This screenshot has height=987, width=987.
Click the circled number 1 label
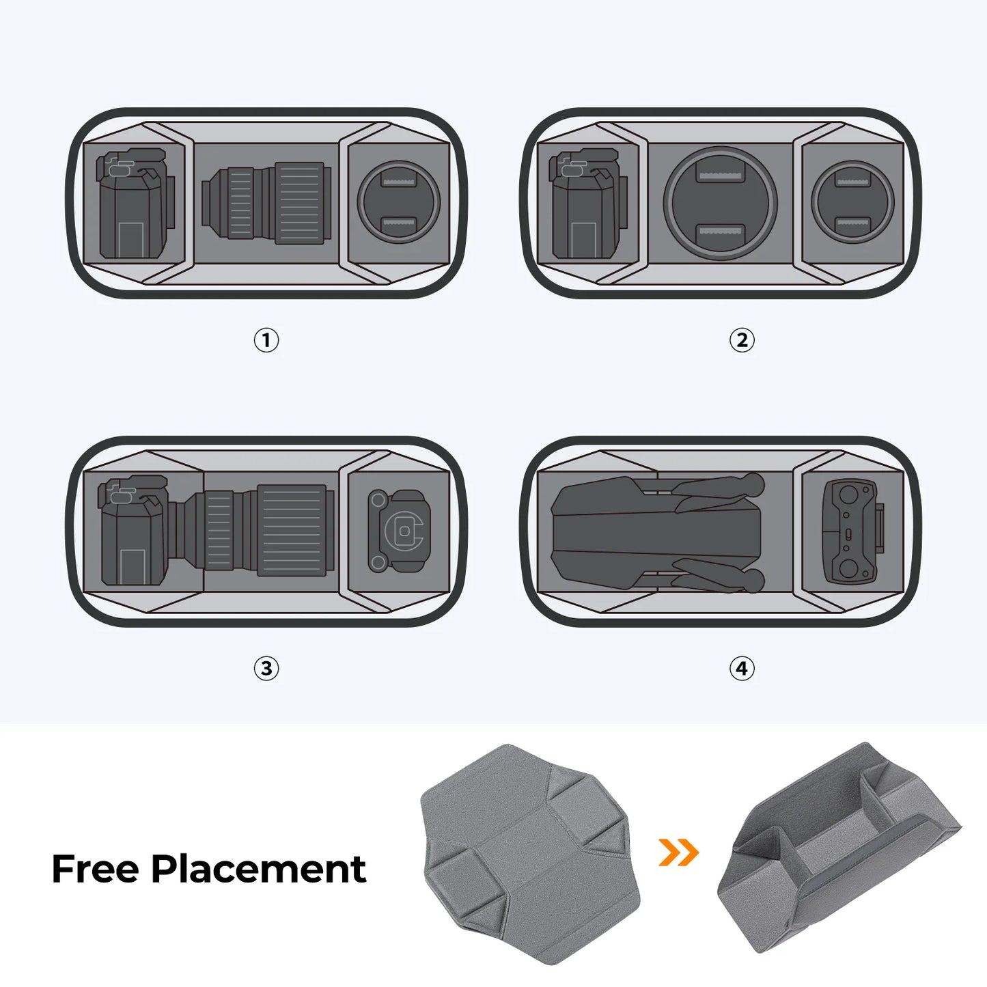[266, 340]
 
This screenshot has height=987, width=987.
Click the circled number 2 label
[742, 340]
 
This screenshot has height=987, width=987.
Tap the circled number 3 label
[266, 668]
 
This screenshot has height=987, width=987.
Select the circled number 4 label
[742, 668]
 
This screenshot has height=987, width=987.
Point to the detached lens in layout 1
[266, 204]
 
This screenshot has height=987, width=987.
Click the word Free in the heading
[95, 869]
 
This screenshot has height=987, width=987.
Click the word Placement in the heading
[258, 869]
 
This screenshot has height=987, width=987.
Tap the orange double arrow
[678, 852]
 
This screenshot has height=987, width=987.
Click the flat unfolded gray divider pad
[529, 854]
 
